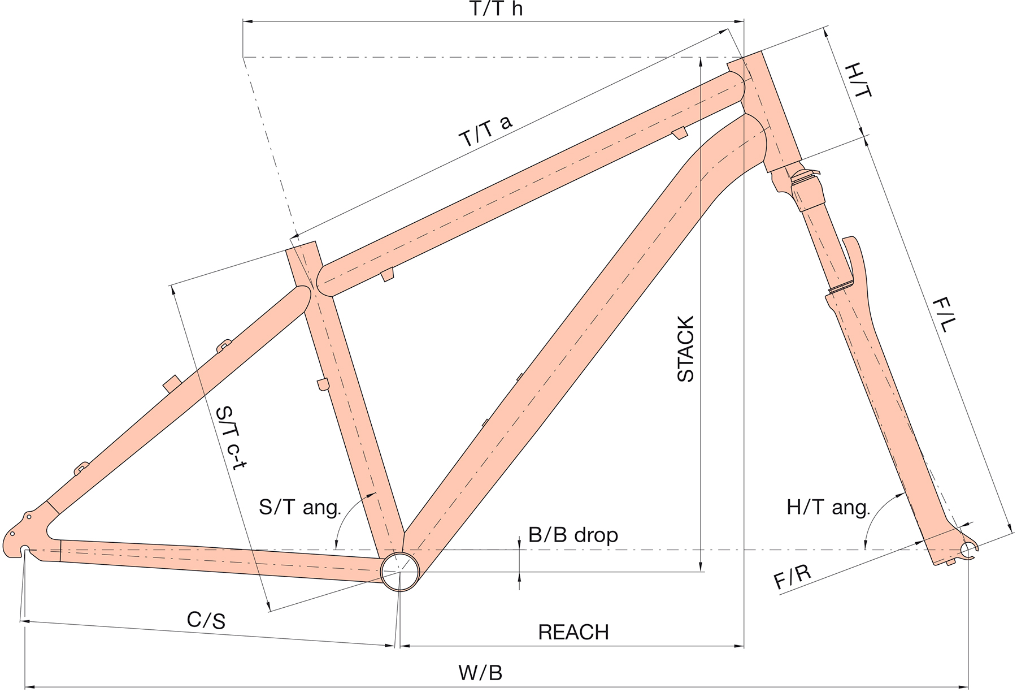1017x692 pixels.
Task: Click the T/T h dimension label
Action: [496, 9]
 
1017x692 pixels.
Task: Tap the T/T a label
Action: [486, 131]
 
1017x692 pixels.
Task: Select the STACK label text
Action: [685, 349]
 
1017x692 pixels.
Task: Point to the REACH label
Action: [573, 632]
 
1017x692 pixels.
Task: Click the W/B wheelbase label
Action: [480, 673]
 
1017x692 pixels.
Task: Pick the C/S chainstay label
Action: [206, 621]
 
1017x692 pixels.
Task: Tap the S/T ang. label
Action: [300, 507]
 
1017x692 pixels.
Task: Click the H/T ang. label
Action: [828, 507]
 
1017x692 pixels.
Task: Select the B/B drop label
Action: [573, 535]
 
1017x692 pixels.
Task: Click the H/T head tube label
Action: [858, 80]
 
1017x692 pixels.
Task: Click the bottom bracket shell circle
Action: [400, 572]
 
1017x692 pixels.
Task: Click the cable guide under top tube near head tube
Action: [679, 132]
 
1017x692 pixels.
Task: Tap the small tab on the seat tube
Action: [322, 384]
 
